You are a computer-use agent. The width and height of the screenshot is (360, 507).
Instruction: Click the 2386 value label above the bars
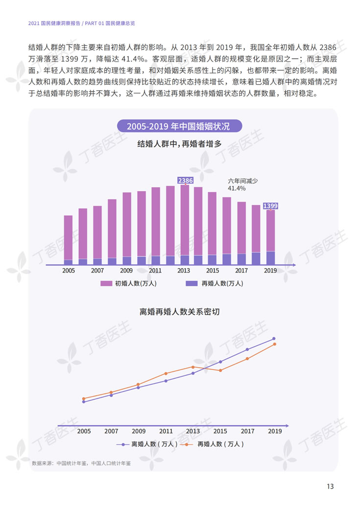185,181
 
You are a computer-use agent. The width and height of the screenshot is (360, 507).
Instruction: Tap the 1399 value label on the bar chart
270,206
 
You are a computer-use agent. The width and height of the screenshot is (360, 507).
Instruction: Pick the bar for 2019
270,237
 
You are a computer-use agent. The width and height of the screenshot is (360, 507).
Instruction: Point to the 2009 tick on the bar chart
126,271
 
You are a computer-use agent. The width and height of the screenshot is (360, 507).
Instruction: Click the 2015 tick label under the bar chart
213,271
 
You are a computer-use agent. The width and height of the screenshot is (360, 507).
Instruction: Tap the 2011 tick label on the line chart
166,431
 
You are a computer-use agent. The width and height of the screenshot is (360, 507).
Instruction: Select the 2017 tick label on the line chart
247,431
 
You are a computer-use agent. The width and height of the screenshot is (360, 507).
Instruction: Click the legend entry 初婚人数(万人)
128,283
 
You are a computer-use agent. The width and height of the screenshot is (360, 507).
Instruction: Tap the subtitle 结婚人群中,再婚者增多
179,144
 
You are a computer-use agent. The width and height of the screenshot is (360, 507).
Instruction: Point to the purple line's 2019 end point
274,339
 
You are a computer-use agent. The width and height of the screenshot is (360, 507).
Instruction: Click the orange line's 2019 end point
274,344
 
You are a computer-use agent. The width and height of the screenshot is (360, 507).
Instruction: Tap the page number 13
330,486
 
